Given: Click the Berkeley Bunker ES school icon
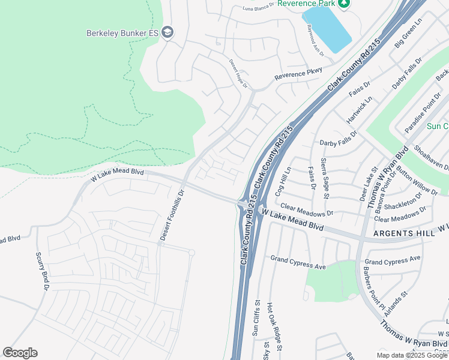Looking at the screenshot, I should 168,32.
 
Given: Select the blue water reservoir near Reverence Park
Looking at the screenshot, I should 327,28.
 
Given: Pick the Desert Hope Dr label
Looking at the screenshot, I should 238,73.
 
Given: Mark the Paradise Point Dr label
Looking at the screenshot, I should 419,118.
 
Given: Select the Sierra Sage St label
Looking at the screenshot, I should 324,178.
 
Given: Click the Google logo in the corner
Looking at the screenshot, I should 20,353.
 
